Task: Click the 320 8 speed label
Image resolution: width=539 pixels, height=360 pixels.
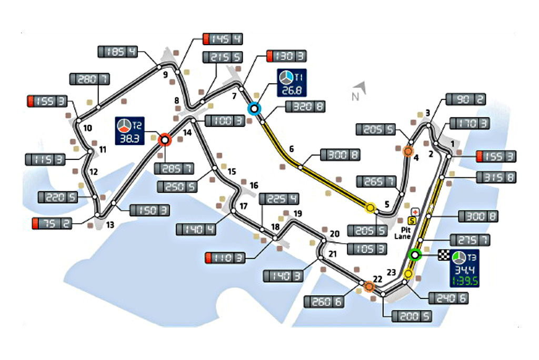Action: (x=304, y=107)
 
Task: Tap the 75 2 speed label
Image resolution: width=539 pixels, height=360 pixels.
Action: (x=52, y=223)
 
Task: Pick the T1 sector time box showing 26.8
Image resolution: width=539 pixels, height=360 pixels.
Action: (x=292, y=83)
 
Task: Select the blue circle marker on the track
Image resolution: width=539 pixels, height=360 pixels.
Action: (x=255, y=109)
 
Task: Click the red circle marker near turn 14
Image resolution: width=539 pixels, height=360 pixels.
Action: (x=164, y=139)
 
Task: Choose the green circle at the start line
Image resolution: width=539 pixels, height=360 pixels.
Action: (x=415, y=255)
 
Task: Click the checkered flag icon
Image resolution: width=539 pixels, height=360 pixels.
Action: (x=445, y=256)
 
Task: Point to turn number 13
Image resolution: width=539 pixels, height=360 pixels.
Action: (x=109, y=224)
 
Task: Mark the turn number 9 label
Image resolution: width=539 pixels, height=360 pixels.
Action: (x=165, y=75)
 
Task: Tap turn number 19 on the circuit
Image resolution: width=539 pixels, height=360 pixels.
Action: (x=298, y=214)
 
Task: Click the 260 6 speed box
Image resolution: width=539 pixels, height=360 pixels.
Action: (x=323, y=301)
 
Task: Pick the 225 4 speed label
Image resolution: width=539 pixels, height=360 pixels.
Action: (x=279, y=199)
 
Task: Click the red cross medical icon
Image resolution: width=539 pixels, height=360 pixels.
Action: (x=415, y=211)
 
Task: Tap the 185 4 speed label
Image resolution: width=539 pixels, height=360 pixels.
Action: (x=117, y=52)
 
